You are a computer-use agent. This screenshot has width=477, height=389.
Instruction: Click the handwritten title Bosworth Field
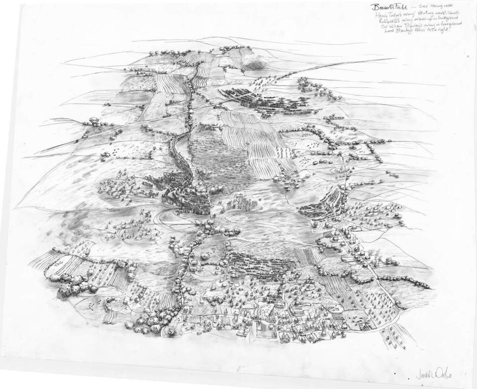(x=387, y=8)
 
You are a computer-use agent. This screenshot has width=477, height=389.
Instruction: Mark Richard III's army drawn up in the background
(x=261, y=101)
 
